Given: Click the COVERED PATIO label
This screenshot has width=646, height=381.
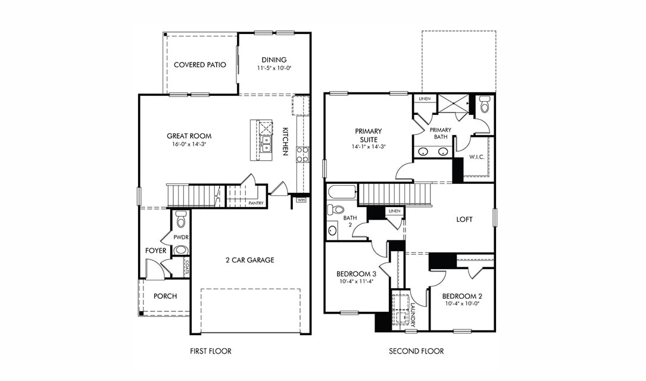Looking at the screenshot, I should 199,65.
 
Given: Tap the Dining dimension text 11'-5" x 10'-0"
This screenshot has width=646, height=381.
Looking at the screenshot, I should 274,68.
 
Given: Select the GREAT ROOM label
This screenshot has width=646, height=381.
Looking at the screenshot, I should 189,136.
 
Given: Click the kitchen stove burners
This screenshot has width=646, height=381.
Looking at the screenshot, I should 302,155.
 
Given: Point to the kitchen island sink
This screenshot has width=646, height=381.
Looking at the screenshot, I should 266,144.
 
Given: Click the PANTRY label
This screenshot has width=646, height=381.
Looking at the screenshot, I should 256,203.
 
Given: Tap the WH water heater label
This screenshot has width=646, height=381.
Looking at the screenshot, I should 301,200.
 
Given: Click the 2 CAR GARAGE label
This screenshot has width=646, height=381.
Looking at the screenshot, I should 249,260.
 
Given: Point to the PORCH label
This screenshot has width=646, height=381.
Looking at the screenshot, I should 165,296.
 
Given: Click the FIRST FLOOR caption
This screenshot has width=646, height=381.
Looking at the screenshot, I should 210,351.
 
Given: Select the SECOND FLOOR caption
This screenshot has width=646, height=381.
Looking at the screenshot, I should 416,351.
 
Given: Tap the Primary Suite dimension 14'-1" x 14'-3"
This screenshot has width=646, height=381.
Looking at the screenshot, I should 369,146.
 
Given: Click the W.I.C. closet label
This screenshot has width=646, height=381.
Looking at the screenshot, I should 476,157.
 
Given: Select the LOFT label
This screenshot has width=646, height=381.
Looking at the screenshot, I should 464,219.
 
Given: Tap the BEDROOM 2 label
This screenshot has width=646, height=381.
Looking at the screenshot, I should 462,296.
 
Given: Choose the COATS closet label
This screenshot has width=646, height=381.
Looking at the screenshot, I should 186,267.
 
